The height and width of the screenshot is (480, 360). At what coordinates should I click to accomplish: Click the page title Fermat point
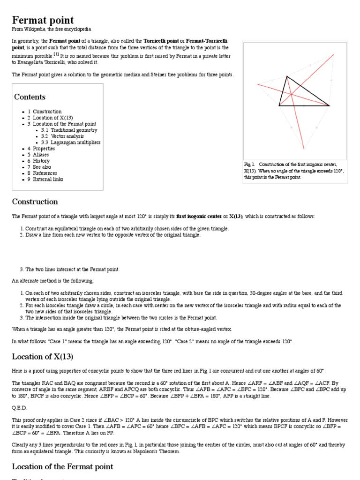pyautogui.click(x=43, y=20)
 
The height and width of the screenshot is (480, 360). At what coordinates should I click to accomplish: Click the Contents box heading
pyautogui.click(x=30, y=97)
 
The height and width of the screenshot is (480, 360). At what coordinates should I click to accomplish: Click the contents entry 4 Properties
pyautogui.click(x=44, y=149)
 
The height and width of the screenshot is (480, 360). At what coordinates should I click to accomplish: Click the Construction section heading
pyautogui.click(x=35, y=202)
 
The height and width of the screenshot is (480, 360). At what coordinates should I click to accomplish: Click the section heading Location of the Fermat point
pyautogui.click(x=62, y=466)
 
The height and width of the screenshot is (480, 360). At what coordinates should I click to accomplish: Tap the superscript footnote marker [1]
pyautogui.click(x=56, y=54)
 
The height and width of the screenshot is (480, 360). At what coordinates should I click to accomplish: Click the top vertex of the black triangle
pyautogui.click(x=287, y=76)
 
